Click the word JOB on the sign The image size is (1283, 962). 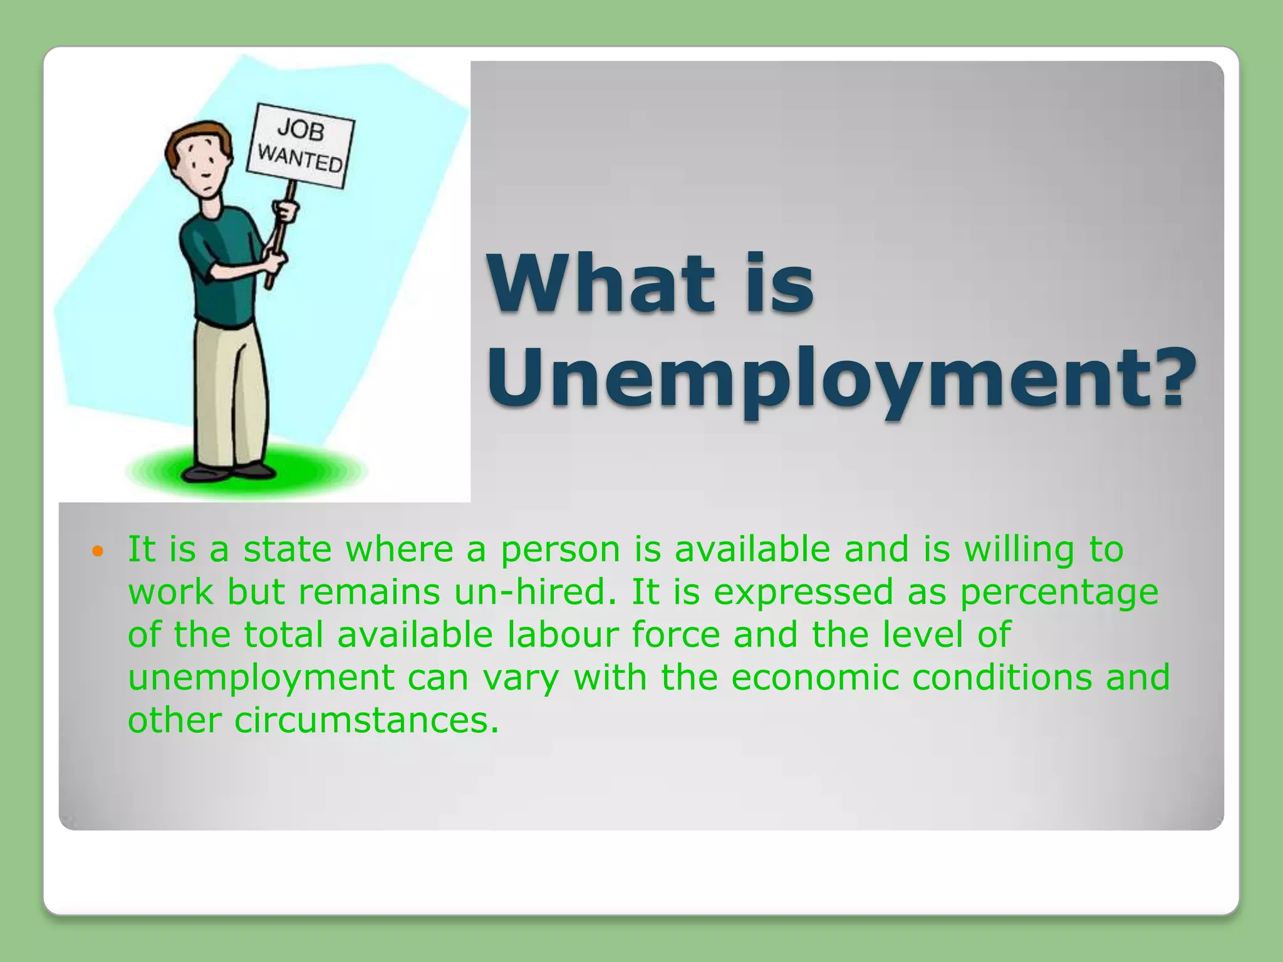301,130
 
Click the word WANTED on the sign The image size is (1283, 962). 300,158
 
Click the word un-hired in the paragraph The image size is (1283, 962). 536,592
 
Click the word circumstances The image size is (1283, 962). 367,720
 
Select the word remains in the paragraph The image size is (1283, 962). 370,592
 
